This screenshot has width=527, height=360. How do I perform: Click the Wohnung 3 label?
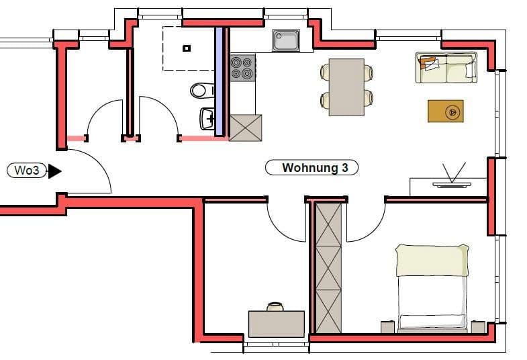point(312,168)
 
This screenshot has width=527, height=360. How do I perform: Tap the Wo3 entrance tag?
point(27,171)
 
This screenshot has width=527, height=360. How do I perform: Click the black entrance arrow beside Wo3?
point(54,171)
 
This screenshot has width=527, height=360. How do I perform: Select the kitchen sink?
point(287,40)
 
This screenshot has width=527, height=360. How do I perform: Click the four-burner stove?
point(242,67)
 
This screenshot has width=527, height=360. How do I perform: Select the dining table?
point(346,87)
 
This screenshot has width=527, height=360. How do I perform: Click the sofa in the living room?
point(446,68)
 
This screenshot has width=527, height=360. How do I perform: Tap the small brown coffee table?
point(445,111)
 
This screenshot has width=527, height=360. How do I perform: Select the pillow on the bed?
point(432,260)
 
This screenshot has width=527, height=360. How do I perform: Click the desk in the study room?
point(276,324)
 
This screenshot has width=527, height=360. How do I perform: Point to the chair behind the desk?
point(275,306)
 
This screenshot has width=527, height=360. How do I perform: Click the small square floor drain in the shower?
point(187,48)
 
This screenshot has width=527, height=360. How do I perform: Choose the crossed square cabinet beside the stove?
point(245,128)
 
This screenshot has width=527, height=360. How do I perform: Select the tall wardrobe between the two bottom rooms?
point(328,267)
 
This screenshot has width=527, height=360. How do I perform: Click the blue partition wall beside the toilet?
point(219,81)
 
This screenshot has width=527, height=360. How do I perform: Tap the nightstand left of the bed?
point(387,326)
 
